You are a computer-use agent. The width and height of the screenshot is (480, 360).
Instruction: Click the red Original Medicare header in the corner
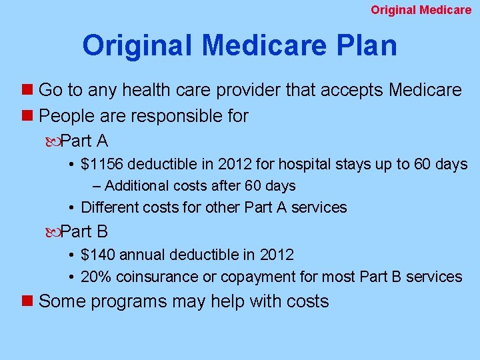point(421,10)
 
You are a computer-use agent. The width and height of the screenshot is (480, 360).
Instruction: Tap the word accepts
point(351,90)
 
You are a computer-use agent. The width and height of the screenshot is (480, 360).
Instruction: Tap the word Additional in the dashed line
point(135,186)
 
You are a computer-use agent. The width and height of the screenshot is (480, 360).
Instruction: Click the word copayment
point(253,277)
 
